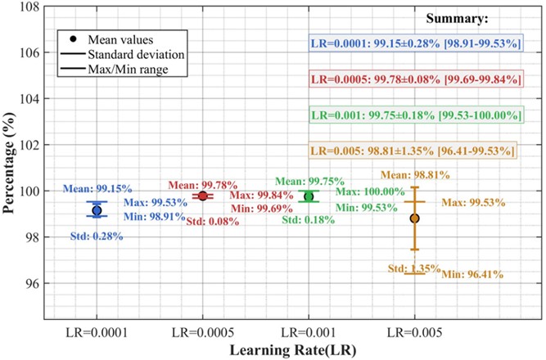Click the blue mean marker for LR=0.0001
97,210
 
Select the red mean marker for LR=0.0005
203,196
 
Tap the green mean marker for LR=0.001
309,196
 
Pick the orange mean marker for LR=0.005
414,218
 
